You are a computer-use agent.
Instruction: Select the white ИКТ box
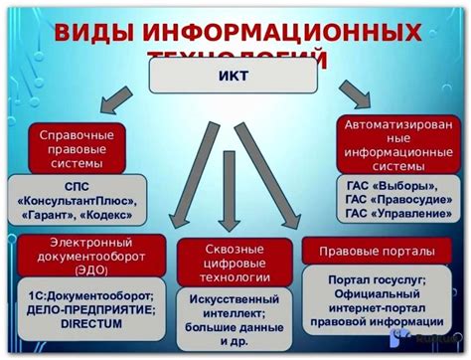235,75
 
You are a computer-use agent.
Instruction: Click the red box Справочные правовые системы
77,148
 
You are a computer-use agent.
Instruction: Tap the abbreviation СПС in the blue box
77,186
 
